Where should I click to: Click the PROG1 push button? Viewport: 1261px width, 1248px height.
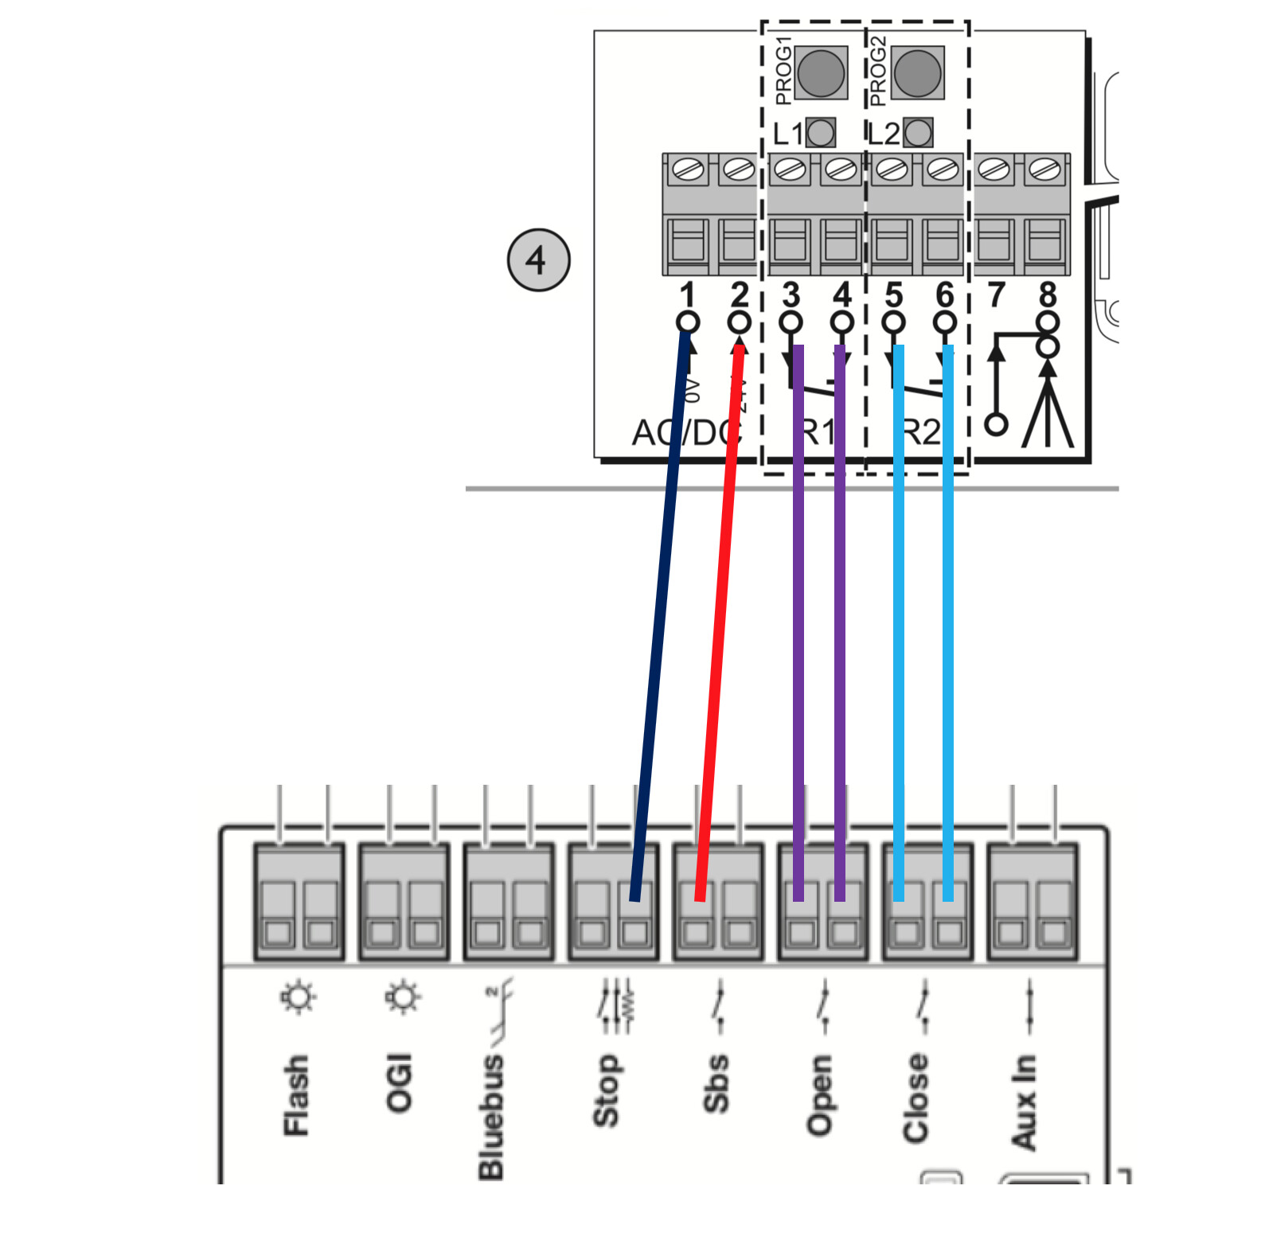click(820, 72)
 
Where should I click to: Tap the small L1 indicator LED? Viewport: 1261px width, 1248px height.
click(821, 133)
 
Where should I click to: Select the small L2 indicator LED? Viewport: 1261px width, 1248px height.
click(918, 133)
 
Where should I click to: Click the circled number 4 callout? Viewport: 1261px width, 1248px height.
click(539, 259)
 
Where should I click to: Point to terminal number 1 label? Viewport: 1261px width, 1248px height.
click(688, 295)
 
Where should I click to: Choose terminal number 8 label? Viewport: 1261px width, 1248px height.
click(1048, 295)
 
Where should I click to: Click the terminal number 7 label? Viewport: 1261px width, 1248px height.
click(996, 295)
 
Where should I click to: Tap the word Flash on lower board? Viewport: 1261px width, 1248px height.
click(296, 1095)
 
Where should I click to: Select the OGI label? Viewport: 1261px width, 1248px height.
click(400, 1082)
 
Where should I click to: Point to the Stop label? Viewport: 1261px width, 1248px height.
click(606, 1090)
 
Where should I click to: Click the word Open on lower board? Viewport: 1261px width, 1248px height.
click(820, 1094)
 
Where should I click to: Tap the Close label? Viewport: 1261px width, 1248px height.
click(915, 1098)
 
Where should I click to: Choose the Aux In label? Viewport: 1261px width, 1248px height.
click(1024, 1102)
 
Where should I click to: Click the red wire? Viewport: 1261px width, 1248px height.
click(719, 621)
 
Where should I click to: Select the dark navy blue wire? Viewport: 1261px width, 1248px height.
click(661, 621)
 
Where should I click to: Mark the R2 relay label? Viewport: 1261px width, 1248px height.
click(922, 433)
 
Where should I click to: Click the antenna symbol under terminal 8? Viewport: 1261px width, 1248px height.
click(1048, 406)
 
